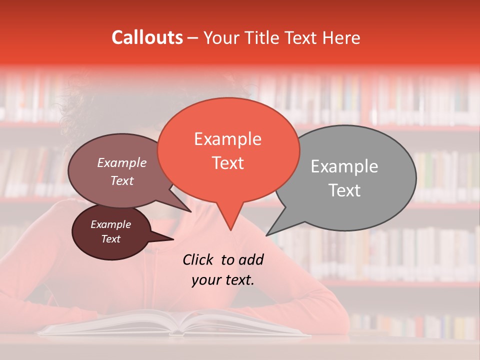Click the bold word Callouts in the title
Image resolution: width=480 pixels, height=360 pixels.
coord(147,37)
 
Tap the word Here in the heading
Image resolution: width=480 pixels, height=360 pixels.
coord(341,37)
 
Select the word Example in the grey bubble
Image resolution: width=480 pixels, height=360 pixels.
coord(344,166)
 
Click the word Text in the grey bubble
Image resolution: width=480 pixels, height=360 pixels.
coord(344,190)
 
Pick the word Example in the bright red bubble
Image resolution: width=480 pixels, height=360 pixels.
coord(228,139)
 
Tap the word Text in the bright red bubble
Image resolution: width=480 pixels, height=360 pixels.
coord(228,163)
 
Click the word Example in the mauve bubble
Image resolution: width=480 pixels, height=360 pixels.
coord(122,163)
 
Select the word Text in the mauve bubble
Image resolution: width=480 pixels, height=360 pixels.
coord(122,180)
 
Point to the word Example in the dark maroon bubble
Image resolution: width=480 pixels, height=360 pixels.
coord(111,224)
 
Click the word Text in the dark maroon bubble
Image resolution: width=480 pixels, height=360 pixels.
coord(111,239)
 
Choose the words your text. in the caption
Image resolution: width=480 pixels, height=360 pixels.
coord(223,280)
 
